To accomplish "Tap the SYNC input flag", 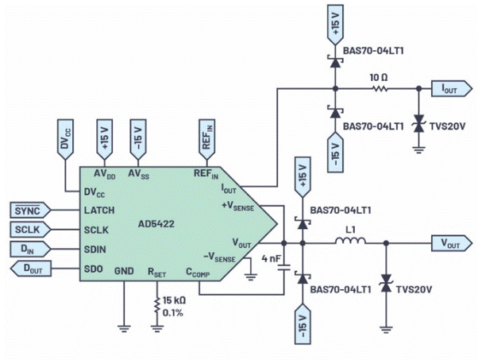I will pyautogui.click(x=29, y=210).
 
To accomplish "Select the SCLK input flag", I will pyautogui.click(x=29, y=230).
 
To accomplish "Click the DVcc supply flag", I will pyautogui.click(x=65, y=136).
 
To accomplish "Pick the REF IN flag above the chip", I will pyautogui.click(x=206, y=136).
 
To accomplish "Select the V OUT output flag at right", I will pyautogui.click(x=449, y=243).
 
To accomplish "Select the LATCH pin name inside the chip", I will pyautogui.click(x=98, y=211).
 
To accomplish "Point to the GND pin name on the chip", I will pyautogui.click(x=125, y=270).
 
